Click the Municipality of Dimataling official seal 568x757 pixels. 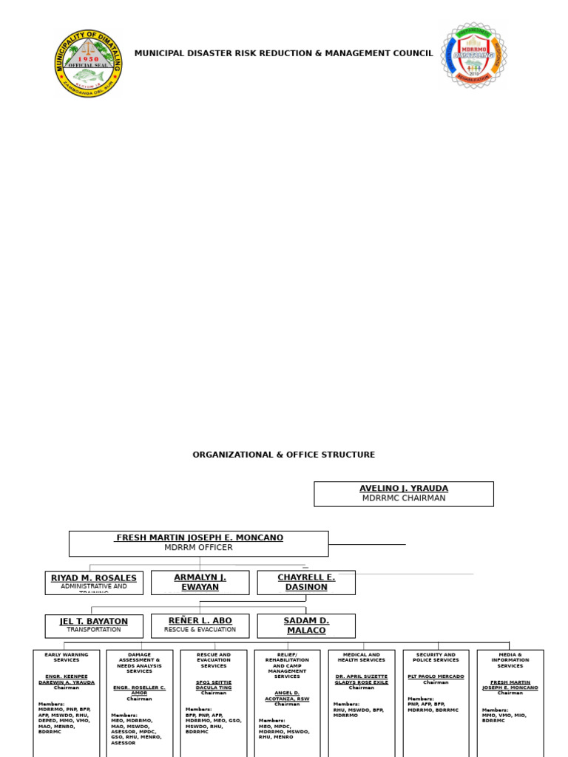89,62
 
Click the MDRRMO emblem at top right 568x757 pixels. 474,55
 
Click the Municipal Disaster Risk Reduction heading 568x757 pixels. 283,53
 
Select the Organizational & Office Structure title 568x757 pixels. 283,455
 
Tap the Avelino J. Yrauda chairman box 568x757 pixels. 403,494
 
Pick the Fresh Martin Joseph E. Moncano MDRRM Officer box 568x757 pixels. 198,543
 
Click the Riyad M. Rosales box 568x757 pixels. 94,583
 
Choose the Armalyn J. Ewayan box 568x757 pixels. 200,583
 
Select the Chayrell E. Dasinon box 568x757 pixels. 306,583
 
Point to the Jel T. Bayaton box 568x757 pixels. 94,625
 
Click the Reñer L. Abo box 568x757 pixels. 200,625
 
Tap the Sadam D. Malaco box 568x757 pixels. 306,625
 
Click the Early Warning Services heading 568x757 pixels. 66,657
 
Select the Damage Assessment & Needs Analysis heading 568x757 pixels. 139,663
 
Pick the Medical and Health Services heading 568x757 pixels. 361,657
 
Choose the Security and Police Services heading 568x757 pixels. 436,657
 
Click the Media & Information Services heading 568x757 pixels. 510,660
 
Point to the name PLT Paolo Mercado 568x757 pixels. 436,676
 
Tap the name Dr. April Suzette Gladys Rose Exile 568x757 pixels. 361,679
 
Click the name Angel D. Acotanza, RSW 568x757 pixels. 287,696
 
